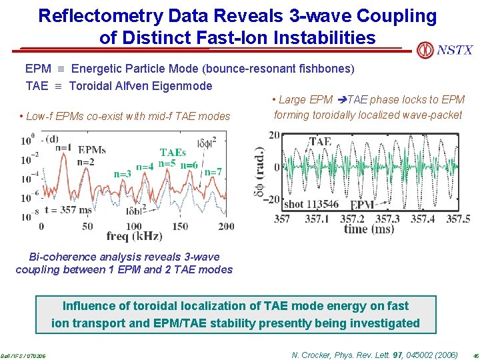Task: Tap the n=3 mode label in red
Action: pyautogui.click(x=121, y=174)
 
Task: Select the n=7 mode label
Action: pyautogui.click(x=213, y=172)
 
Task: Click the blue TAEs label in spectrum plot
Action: pyautogui.click(x=173, y=153)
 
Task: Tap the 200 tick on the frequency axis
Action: pyautogui.click(x=226, y=226)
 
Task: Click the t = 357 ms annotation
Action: pyautogui.click(x=68, y=210)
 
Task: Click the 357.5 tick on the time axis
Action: pyautogui.click(x=458, y=219)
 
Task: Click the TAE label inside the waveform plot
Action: pyautogui.click(x=320, y=141)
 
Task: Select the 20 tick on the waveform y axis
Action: pyautogui.click(x=274, y=135)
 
